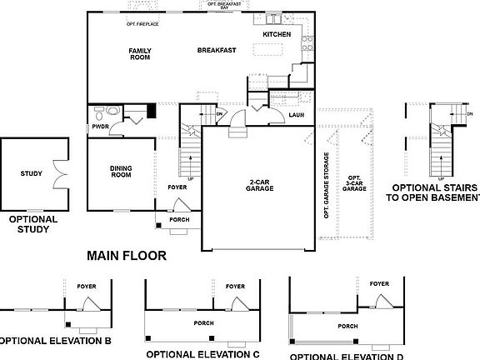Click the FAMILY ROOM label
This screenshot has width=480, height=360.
(x=139, y=54)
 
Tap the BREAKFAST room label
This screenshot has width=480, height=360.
(x=217, y=51)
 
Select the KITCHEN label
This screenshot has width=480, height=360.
(x=277, y=34)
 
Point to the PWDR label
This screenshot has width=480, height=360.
(x=101, y=127)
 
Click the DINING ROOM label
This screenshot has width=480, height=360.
(x=121, y=172)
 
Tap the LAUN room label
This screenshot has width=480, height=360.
(x=296, y=116)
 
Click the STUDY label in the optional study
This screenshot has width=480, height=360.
(x=31, y=174)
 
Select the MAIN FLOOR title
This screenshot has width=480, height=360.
(x=127, y=256)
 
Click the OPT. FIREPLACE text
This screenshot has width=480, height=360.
(x=142, y=24)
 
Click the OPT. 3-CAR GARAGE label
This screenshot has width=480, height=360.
(x=355, y=184)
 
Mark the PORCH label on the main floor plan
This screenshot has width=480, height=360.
(x=179, y=220)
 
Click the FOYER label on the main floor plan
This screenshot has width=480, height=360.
(x=176, y=187)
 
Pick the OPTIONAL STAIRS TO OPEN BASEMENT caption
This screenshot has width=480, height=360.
(x=435, y=193)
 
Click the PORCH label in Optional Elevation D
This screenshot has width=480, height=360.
(x=348, y=326)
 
